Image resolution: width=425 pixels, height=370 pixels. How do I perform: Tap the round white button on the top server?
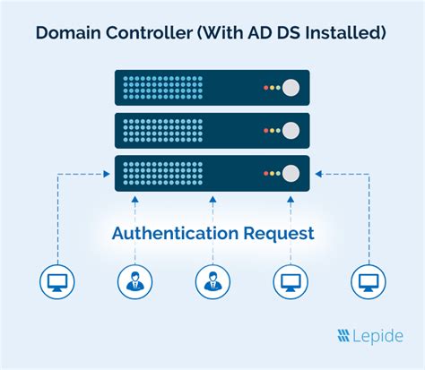291,88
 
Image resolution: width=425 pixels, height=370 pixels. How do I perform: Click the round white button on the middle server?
291,130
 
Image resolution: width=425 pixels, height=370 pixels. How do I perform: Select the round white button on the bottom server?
291,172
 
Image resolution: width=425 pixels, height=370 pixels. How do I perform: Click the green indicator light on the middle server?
278,130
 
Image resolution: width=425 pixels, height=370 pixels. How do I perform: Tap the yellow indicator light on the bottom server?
271,172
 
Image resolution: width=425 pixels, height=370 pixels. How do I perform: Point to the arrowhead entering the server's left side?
109,173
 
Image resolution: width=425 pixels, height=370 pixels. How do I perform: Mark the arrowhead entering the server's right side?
315,173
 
